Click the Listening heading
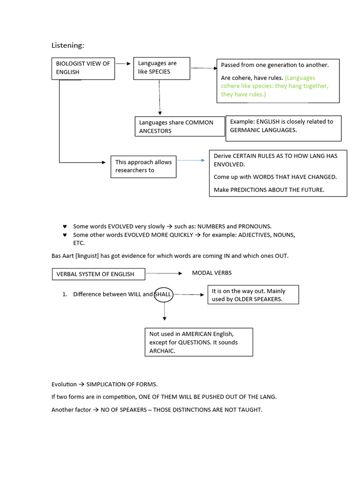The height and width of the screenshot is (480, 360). point(67,45)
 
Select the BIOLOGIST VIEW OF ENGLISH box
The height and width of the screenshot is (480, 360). point(83,68)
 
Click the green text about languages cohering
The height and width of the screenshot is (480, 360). point(275,86)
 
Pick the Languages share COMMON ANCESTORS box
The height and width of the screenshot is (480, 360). point(179,127)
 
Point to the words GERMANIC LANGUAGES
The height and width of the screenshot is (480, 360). point(263,130)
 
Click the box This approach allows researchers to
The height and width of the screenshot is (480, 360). point(143,166)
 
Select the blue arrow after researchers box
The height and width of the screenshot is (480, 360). point(191,160)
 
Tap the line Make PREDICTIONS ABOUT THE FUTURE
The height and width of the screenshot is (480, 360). point(269,190)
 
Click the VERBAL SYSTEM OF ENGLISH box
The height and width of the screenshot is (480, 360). point(98,274)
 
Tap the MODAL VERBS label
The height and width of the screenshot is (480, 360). point(211,273)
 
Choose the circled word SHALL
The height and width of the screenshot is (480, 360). point(164,294)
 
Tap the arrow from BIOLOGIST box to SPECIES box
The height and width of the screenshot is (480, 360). point(123,63)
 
